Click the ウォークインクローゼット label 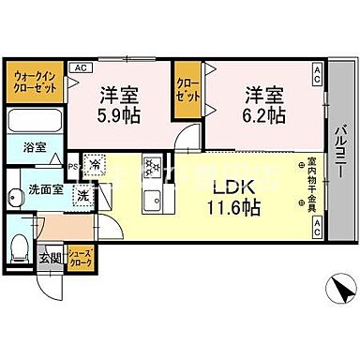[33, 81]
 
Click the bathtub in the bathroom [37, 121]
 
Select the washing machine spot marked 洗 [84, 197]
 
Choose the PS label [73, 167]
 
